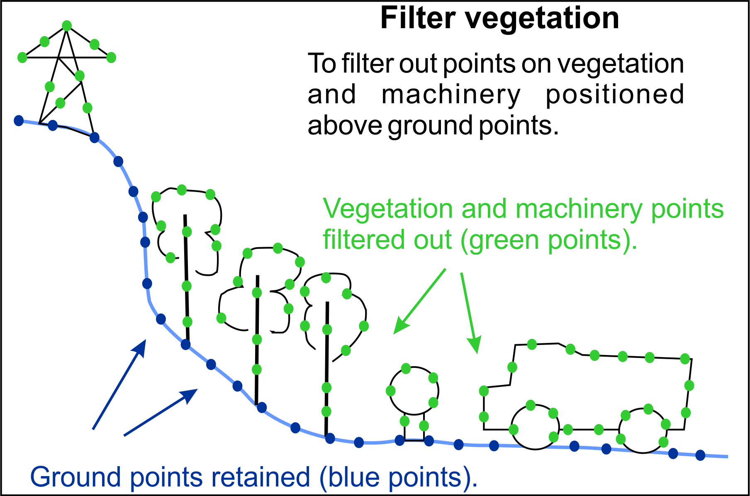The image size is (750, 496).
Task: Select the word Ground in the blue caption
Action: pyautogui.click(x=76, y=477)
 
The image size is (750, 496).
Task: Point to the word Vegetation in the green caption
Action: pyautogui.click(x=388, y=209)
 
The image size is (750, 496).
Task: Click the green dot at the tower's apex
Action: pyautogui.click(x=67, y=26)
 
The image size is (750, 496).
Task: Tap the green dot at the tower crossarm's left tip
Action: pyautogui.click(x=22, y=57)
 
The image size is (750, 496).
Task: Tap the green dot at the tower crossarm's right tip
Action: pyautogui.click(x=111, y=57)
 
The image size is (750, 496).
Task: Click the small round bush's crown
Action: pyautogui.click(x=390, y=390)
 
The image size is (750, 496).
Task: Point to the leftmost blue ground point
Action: pyautogui.click(x=19, y=120)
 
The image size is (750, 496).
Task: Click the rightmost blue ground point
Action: pyautogui.click(x=700, y=455)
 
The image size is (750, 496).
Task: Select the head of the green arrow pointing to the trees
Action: pyautogui.click(x=401, y=325)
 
